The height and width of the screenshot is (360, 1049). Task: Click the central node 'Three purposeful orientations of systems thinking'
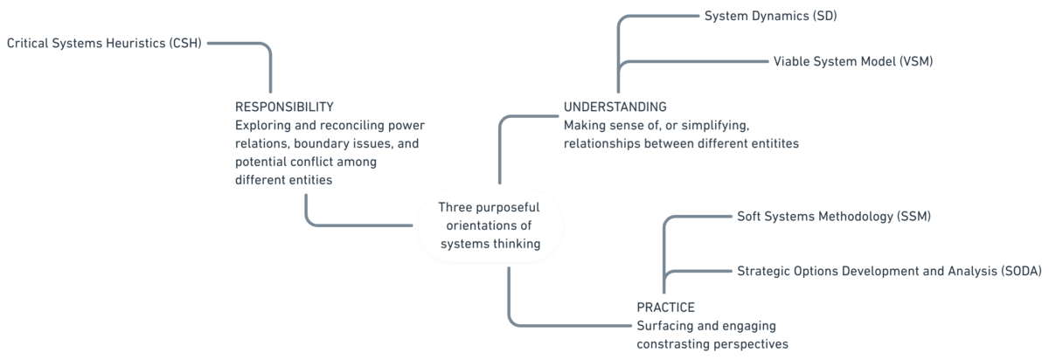(489, 225)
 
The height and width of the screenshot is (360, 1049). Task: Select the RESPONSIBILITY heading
(284, 107)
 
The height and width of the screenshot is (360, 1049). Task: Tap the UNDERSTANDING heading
(615, 107)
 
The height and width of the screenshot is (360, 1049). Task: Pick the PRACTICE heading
(665, 307)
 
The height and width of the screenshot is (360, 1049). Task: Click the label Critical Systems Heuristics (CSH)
(104, 43)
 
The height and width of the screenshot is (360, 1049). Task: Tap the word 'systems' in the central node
(462, 244)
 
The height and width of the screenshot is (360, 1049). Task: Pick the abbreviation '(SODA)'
(1016, 271)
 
